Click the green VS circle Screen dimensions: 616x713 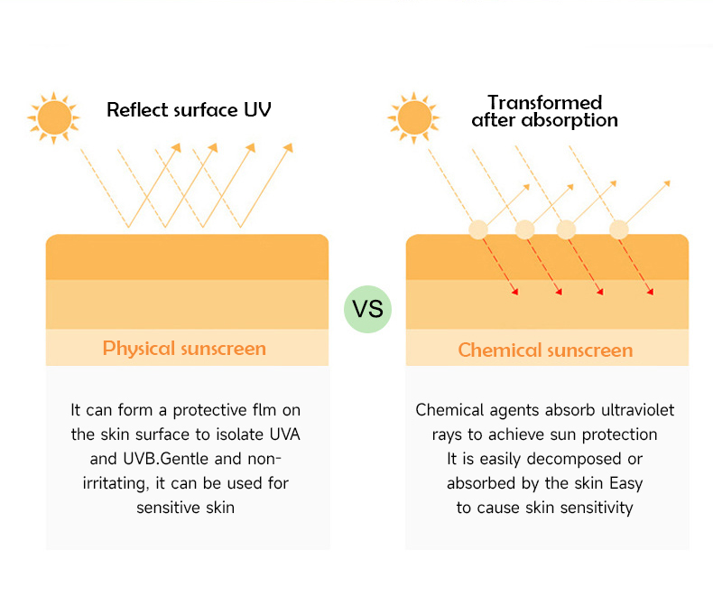[x=368, y=309]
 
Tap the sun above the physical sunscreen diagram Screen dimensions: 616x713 [x=54, y=117]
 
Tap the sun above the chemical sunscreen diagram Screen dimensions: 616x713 [x=414, y=117]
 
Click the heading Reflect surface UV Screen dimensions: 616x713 [x=189, y=110]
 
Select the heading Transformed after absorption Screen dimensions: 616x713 [x=544, y=111]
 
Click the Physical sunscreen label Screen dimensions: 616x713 [x=185, y=349]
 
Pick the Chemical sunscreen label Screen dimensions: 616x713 [x=545, y=350]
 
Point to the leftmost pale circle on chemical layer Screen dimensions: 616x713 [x=478, y=229]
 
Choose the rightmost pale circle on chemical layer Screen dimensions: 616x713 [x=619, y=229]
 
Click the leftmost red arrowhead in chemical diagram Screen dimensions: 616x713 [x=514, y=291]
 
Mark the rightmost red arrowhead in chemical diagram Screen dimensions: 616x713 [x=650, y=291]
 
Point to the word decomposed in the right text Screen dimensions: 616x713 [x=572, y=459]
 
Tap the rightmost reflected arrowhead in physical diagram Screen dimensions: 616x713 [x=289, y=147]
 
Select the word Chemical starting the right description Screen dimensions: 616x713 [x=449, y=410]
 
